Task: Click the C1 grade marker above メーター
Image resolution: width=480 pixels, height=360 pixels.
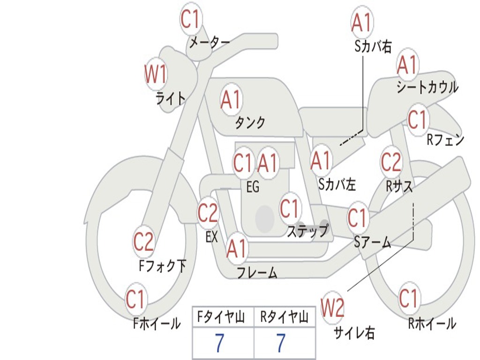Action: click(190, 19)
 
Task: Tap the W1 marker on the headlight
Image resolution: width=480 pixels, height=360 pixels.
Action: click(156, 74)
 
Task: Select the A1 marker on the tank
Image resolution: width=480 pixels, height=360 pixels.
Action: click(231, 99)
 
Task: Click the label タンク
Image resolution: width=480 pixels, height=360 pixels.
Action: click(250, 123)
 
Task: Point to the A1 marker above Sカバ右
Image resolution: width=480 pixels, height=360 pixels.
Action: click(361, 22)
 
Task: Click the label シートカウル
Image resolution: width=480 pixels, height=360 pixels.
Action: click(427, 87)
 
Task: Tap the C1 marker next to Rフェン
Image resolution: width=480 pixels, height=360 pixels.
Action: click(417, 120)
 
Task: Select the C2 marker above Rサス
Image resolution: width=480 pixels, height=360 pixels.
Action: click(391, 162)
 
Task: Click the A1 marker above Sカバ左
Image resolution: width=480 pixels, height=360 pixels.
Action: click(321, 161)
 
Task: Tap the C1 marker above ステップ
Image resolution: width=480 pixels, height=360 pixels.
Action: click(289, 208)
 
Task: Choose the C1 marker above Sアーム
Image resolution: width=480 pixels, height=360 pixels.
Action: click(357, 217)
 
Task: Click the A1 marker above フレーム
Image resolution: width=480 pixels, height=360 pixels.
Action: click(236, 249)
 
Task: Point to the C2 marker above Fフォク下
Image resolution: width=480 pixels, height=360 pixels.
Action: click(143, 242)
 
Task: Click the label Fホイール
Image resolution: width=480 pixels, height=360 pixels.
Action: click(157, 323)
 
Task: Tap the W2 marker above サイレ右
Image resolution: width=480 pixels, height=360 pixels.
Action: click(332, 307)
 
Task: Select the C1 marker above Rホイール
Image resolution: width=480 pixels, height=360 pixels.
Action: click(408, 298)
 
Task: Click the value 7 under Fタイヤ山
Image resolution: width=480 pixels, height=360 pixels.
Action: click(219, 344)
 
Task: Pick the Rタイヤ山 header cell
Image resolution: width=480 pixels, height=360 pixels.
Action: click(284, 318)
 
